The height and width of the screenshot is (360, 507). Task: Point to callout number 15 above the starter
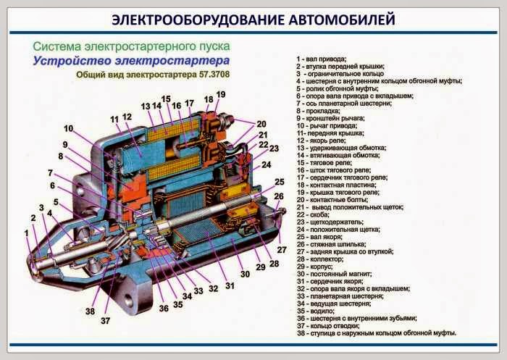click(x=166, y=99)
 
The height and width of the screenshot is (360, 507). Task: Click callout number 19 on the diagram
click(x=221, y=95)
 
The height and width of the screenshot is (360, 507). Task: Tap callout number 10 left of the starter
click(x=68, y=128)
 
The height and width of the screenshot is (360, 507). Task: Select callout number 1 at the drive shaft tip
click(x=28, y=233)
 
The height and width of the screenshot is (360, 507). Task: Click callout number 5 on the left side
click(x=56, y=202)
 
